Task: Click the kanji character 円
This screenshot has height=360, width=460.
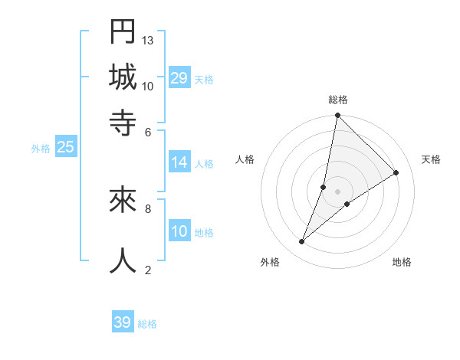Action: [x=123, y=31]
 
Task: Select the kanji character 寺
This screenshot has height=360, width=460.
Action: [x=123, y=123]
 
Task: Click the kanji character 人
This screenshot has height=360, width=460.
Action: [x=123, y=260]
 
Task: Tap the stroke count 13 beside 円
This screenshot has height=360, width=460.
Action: [x=148, y=40]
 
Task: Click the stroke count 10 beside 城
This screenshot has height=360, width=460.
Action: [x=148, y=86]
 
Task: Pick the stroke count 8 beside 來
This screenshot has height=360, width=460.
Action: [x=148, y=208]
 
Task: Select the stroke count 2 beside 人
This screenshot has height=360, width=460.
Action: [x=148, y=270]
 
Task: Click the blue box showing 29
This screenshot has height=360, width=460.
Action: [x=179, y=78]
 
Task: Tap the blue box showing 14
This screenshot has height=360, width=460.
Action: [x=179, y=162]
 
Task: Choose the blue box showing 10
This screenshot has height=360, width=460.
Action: [x=179, y=232]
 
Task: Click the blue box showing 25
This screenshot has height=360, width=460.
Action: [x=65, y=147]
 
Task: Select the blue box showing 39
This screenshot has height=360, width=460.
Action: [x=123, y=322]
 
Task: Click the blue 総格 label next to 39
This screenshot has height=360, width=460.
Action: [x=147, y=324]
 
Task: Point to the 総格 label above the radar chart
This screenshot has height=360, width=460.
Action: [x=337, y=100]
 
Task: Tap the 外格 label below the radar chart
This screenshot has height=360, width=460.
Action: [x=270, y=262]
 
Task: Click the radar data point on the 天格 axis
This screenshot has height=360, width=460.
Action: [x=396, y=172]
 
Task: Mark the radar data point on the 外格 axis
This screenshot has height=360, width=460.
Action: [x=302, y=242]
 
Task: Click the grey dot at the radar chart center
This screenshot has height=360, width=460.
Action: [x=337, y=191]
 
